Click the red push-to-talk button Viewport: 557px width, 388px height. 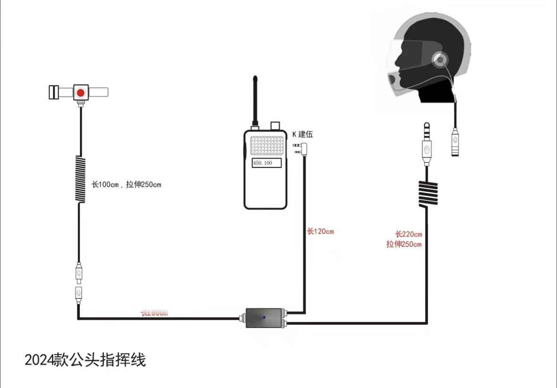[81, 93]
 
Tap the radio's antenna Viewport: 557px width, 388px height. [255, 99]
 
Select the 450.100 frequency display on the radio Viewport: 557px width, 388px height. [266, 163]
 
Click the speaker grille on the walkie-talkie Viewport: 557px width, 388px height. [267, 146]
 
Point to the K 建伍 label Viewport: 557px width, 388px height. [302, 135]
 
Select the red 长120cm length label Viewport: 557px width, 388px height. [321, 232]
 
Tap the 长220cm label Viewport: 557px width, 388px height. [408, 234]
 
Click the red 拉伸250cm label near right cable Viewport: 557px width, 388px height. [403, 244]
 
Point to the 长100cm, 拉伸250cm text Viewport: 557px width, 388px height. [126, 184]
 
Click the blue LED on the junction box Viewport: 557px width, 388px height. [264, 317]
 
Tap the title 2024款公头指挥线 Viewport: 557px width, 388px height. [85, 360]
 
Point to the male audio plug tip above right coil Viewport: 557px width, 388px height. [427, 129]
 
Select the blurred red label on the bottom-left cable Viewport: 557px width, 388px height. [154, 312]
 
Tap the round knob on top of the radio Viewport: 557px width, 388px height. [275, 125]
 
